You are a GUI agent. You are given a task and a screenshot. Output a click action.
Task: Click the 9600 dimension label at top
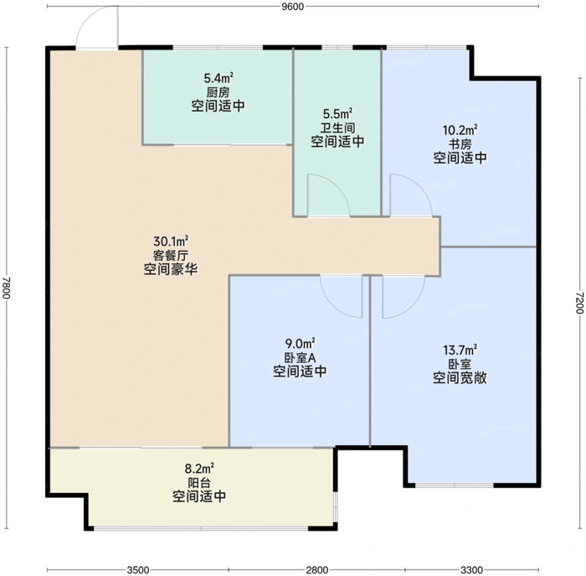pyautogui.click(x=293, y=7)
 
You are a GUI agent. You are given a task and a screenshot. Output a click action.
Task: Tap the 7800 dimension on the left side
pyautogui.click(x=7, y=288)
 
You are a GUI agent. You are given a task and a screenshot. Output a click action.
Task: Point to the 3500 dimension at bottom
pyautogui.click(x=138, y=570)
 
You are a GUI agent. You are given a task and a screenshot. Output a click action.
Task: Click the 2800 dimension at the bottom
pyautogui.click(x=317, y=570)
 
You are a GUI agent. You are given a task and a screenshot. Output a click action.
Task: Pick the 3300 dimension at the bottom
pyautogui.click(x=471, y=570)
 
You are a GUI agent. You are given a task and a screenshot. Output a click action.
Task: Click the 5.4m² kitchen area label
pyautogui.click(x=218, y=78)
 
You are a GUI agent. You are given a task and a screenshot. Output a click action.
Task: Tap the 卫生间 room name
pyautogui.click(x=337, y=128)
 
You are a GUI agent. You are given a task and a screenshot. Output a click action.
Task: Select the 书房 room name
pyautogui.click(x=460, y=144)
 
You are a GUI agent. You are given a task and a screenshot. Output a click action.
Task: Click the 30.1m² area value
pyautogui.click(x=171, y=241)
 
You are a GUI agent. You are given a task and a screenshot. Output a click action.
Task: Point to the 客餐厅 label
pyautogui.click(x=171, y=255)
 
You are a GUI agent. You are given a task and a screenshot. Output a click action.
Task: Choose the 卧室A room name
pyautogui.click(x=300, y=358)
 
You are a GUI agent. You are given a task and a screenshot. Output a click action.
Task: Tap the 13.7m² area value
pyautogui.click(x=460, y=350)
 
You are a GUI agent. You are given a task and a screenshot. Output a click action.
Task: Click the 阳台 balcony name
pyautogui.click(x=199, y=482)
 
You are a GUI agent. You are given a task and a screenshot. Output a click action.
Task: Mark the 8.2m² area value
pyautogui.click(x=199, y=468)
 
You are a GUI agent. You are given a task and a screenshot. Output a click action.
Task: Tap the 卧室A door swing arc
pyautogui.click(x=332, y=305)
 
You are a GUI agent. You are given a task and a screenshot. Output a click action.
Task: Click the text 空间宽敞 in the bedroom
pyautogui.click(x=460, y=378)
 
